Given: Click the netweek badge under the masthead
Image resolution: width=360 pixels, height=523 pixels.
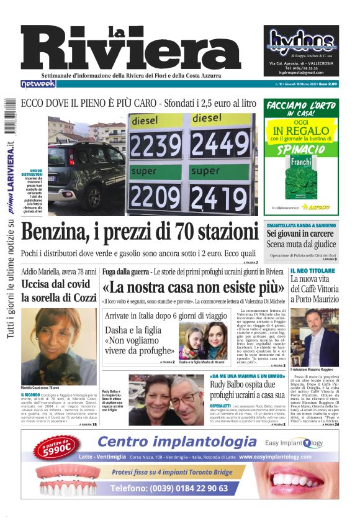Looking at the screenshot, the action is pos(38,84).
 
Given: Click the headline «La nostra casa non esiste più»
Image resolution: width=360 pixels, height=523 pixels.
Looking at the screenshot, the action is pos(189,288).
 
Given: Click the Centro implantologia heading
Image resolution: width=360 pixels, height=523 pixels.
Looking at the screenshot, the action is pos(177,442).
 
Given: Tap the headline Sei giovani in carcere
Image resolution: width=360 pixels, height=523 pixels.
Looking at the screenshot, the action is pos(300,234).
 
